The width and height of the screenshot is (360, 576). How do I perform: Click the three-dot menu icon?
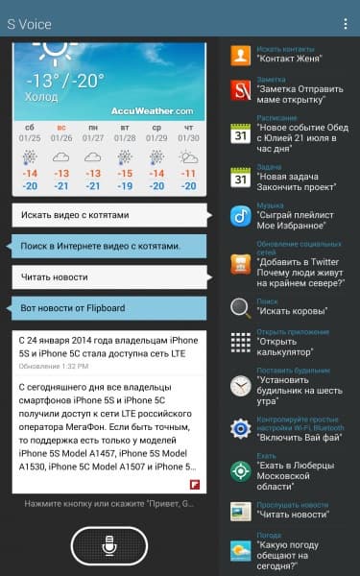346,23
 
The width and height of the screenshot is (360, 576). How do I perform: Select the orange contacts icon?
241,55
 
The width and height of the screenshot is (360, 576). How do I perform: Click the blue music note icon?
241,216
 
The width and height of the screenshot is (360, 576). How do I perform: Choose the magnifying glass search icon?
241,307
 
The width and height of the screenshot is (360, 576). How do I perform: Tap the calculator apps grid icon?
241,343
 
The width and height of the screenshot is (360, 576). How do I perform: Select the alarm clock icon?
241,385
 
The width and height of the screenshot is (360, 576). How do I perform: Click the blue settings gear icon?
241,428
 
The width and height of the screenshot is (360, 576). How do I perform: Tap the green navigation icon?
241,470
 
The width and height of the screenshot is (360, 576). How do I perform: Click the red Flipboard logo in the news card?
194,484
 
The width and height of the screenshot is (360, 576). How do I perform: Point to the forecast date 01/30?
188,135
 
